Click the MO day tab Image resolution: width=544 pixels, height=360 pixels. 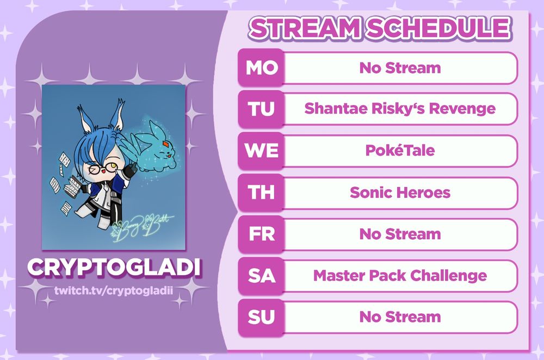(x=261, y=67)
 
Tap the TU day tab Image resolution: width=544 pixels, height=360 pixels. (x=261, y=109)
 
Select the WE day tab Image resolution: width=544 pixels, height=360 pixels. (x=261, y=151)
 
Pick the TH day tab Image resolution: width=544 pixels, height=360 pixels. (x=261, y=192)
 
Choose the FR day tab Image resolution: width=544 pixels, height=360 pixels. (x=261, y=234)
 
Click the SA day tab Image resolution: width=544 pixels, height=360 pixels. (x=261, y=275)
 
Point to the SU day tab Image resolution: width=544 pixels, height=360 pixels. (x=261, y=317)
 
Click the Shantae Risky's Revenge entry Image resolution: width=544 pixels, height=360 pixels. (x=400, y=109)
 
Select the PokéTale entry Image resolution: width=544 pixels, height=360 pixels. (x=400, y=150)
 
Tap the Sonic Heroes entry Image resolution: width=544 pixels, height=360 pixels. (x=400, y=192)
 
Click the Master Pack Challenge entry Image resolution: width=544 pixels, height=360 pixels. (x=400, y=276)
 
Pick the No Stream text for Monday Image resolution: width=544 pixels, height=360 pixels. (x=400, y=67)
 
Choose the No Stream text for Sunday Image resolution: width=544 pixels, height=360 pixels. (x=400, y=316)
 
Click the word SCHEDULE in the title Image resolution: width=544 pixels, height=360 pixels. (x=438, y=28)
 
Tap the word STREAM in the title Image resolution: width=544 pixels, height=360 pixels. (x=304, y=28)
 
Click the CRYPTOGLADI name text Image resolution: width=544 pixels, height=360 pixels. (x=114, y=267)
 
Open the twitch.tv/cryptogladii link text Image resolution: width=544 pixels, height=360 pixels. (x=114, y=290)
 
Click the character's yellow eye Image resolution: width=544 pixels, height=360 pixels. (x=112, y=166)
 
